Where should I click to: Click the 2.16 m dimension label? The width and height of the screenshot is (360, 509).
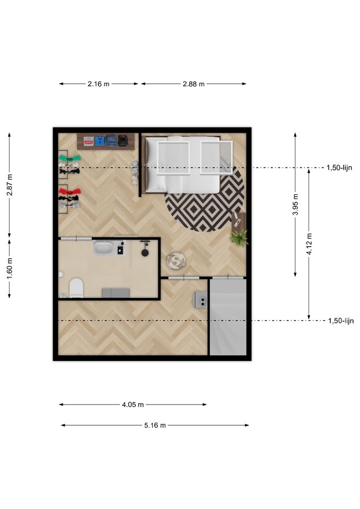99,84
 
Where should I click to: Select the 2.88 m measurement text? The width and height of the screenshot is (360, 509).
194,84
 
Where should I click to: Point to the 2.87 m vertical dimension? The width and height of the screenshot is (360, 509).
10,185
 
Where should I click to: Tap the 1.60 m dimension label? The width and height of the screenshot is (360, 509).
10,268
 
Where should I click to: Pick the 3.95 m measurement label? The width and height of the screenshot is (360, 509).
295,204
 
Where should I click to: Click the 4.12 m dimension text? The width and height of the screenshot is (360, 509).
309,244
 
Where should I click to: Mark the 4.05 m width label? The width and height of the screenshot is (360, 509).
133,405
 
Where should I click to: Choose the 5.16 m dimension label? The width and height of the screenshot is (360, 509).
155,425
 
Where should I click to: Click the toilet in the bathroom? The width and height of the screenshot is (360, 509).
76,288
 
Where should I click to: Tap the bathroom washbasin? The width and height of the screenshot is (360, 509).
103,248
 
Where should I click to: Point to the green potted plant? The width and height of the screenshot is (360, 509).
239,238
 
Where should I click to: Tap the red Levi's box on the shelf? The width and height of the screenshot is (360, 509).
89,141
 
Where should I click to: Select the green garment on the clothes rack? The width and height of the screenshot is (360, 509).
70,158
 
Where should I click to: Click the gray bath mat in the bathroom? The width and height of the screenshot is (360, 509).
116,293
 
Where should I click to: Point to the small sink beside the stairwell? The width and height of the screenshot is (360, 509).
201,300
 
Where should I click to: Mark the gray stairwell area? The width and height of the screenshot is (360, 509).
228,317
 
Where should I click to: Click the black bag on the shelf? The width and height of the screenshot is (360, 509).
122,140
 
